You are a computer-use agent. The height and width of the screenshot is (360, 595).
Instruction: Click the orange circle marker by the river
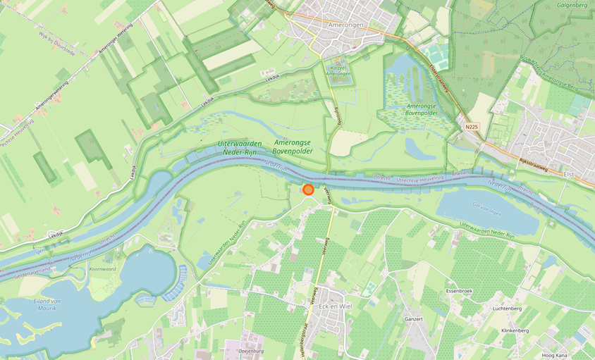coord(308,189)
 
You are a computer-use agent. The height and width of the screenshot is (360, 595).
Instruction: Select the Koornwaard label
coord(103,268)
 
